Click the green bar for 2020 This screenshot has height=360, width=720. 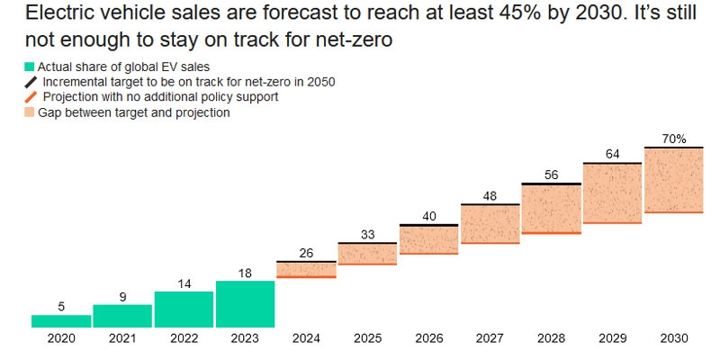coord(60,321)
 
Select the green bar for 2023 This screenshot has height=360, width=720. coord(245,304)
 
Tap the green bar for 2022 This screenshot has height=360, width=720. coord(184,310)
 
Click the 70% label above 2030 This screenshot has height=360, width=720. coord(673,139)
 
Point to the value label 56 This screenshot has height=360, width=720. coord(551,175)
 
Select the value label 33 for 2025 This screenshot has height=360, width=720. coord(367,234)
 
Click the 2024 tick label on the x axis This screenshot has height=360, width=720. coord(306,338)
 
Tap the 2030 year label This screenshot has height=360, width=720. coord(673,338)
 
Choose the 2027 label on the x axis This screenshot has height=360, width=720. coord(490,338)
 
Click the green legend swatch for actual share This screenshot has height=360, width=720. coord(30,67)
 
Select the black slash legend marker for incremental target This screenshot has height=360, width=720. coord(31,82)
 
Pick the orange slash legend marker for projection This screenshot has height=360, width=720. coord(31,97)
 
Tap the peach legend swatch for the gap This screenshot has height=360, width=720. coord(30,112)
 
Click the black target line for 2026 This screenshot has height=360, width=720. coord(428,225)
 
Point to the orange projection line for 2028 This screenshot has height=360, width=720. coord(551,233)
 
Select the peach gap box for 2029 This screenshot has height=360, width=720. coord(612,193)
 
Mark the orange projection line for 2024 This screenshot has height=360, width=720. coord(306,276)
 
